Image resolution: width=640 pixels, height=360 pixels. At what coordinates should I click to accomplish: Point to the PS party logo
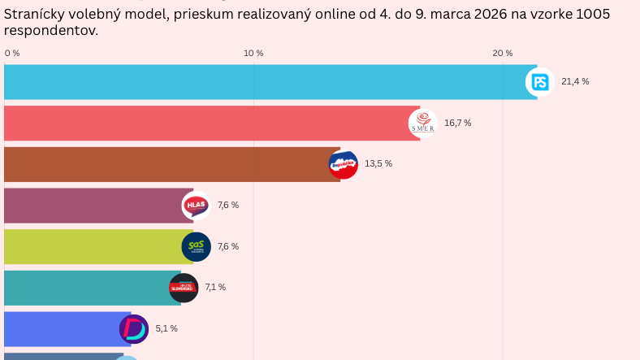tap(540, 82)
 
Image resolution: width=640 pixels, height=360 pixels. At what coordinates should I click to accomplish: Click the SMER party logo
tap(422, 124)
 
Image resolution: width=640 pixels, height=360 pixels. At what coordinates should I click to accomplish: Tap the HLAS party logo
tap(197, 206)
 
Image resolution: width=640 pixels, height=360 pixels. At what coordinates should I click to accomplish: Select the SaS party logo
tap(196, 246)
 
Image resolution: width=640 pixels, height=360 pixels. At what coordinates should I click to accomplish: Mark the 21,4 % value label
tap(575, 82)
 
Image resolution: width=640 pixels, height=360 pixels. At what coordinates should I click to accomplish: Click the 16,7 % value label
tap(457, 124)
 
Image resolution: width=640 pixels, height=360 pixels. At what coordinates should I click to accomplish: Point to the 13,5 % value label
tap(378, 164)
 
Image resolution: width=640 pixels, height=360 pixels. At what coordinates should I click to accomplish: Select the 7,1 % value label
tap(215, 288)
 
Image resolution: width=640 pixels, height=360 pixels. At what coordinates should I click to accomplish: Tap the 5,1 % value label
tap(166, 328)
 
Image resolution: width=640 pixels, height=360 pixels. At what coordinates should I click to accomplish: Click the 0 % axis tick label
tap(12, 53)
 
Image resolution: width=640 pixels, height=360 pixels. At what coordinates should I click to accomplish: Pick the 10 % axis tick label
tap(253, 53)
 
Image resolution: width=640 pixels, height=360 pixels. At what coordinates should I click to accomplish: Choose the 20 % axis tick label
tap(503, 53)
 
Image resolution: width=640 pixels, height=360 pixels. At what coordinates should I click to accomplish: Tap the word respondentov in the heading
tap(51, 30)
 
